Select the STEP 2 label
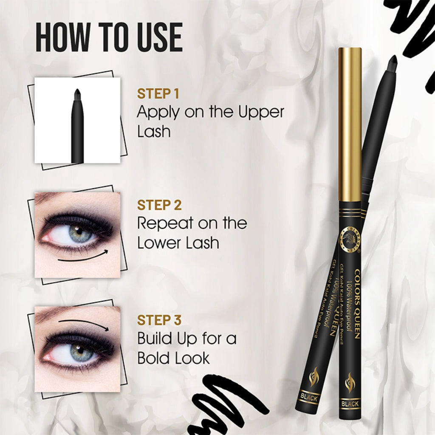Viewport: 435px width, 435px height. [159, 205]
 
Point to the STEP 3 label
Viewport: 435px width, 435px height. [159, 320]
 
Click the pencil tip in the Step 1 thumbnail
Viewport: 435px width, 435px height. [77, 95]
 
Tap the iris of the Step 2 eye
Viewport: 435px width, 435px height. [76, 233]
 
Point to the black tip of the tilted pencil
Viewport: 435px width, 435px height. [393, 62]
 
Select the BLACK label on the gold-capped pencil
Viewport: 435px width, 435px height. [350, 404]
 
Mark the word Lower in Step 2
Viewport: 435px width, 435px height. [157, 243]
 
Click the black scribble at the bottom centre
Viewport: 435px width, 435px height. [229, 399]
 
